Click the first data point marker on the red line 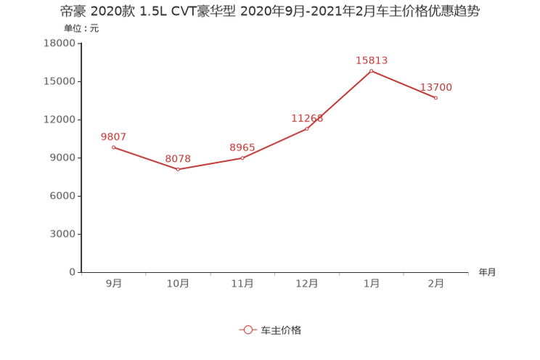[x=113, y=147]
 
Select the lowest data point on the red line [x=178, y=169]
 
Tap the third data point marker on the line [x=242, y=157]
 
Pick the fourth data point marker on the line [x=307, y=128]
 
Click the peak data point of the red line [x=372, y=70]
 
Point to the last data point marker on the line [x=436, y=98]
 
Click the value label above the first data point [x=113, y=136]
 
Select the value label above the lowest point [x=178, y=158]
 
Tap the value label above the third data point [x=242, y=147]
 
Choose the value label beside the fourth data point [x=306, y=118]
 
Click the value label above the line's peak [x=372, y=60]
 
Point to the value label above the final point [x=436, y=87]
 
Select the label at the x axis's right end [x=487, y=273]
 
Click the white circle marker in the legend [x=248, y=330]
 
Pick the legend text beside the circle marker [x=281, y=330]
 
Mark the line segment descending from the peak [x=404, y=84]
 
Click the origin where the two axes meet [x=79, y=273]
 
